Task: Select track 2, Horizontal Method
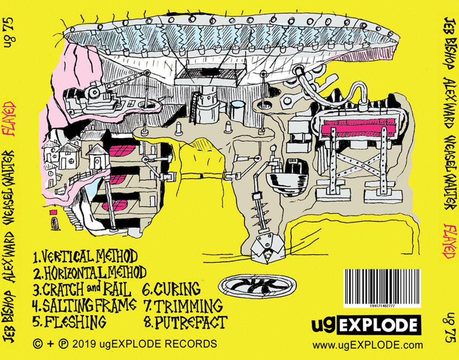(90, 273)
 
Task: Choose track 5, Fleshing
(69, 322)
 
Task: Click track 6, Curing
(171, 289)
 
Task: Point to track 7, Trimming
(183, 305)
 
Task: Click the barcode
(381, 287)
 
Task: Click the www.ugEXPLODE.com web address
(368, 345)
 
